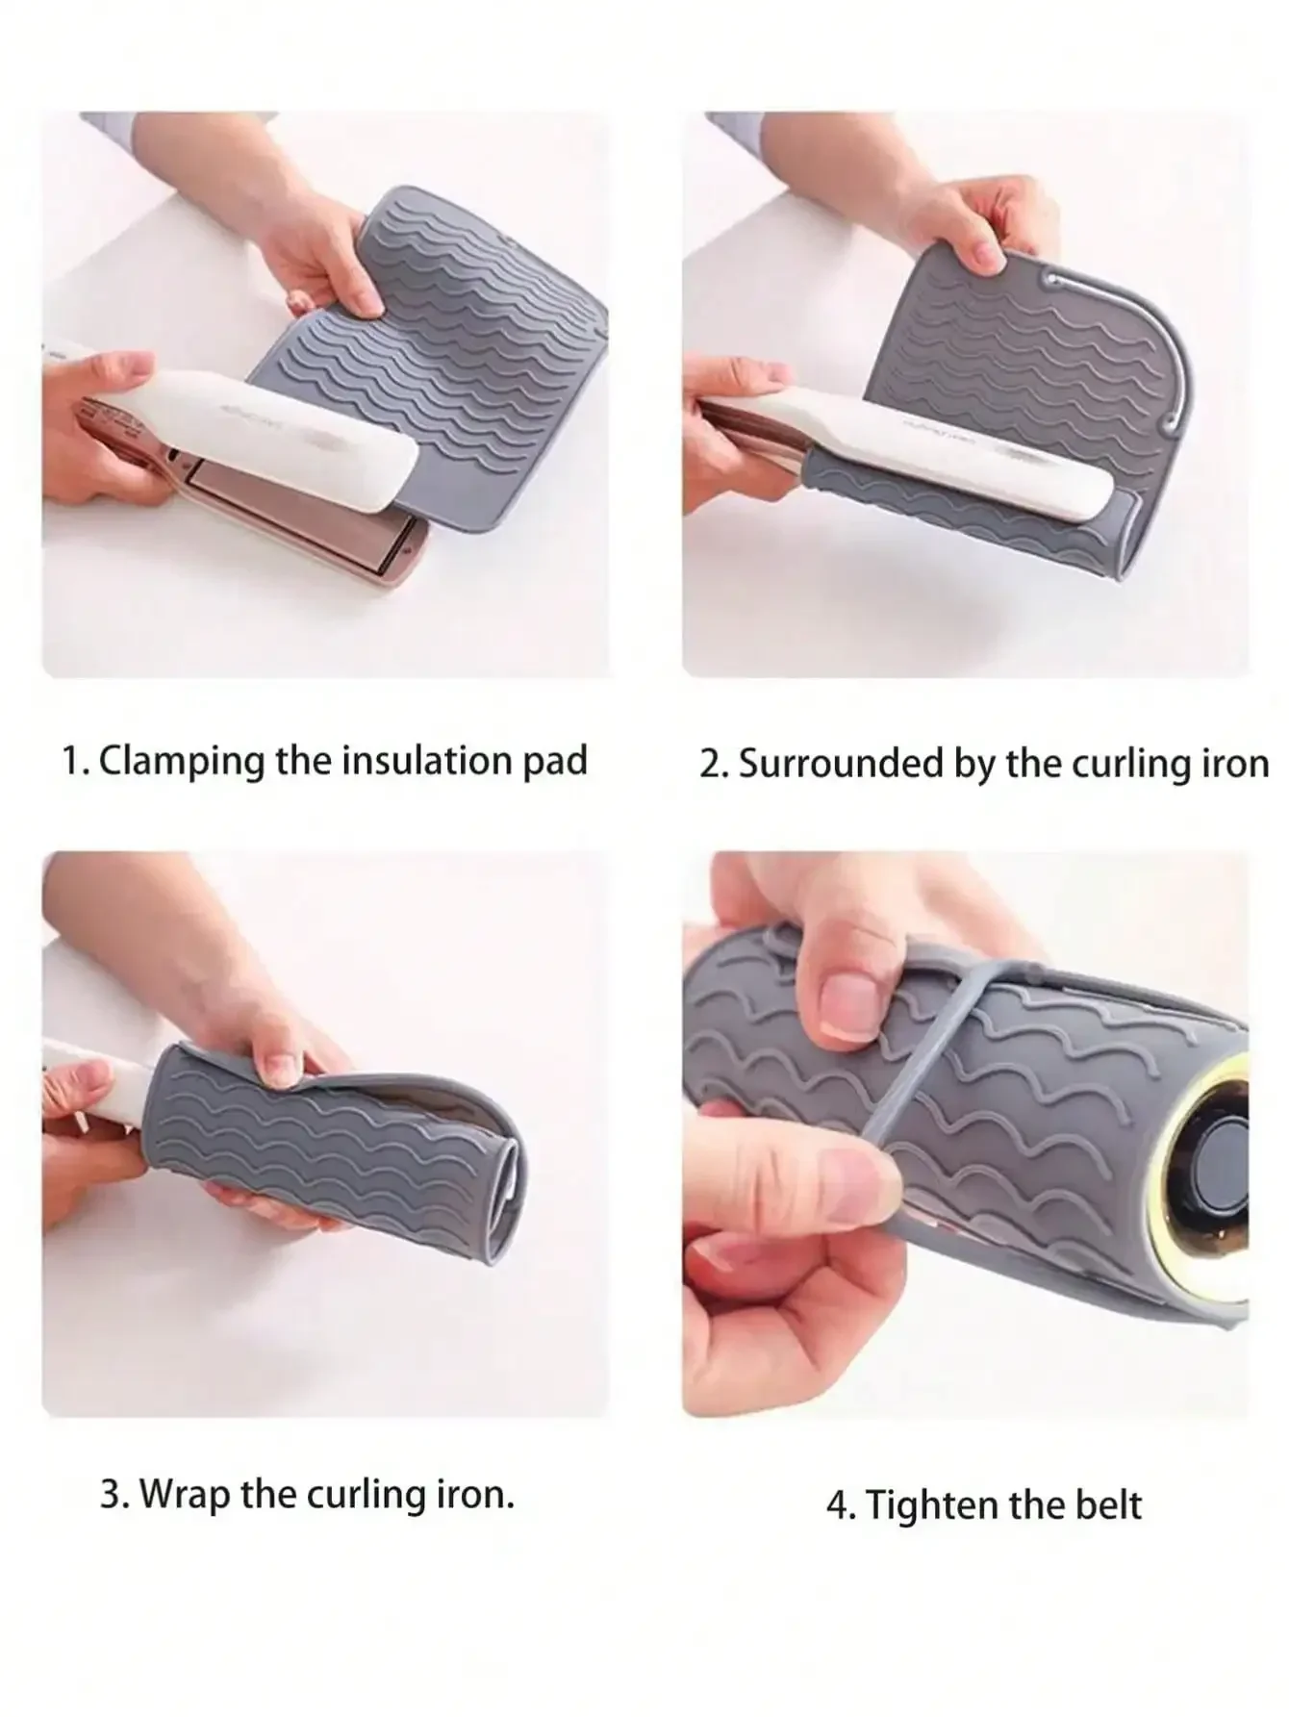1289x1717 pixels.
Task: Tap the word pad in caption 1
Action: click(x=552, y=762)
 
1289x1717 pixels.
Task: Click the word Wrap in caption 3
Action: click(x=186, y=1495)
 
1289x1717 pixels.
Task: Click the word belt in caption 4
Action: click(x=1107, y=1505)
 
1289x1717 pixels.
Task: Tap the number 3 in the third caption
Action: click(x=113, y=1496)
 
